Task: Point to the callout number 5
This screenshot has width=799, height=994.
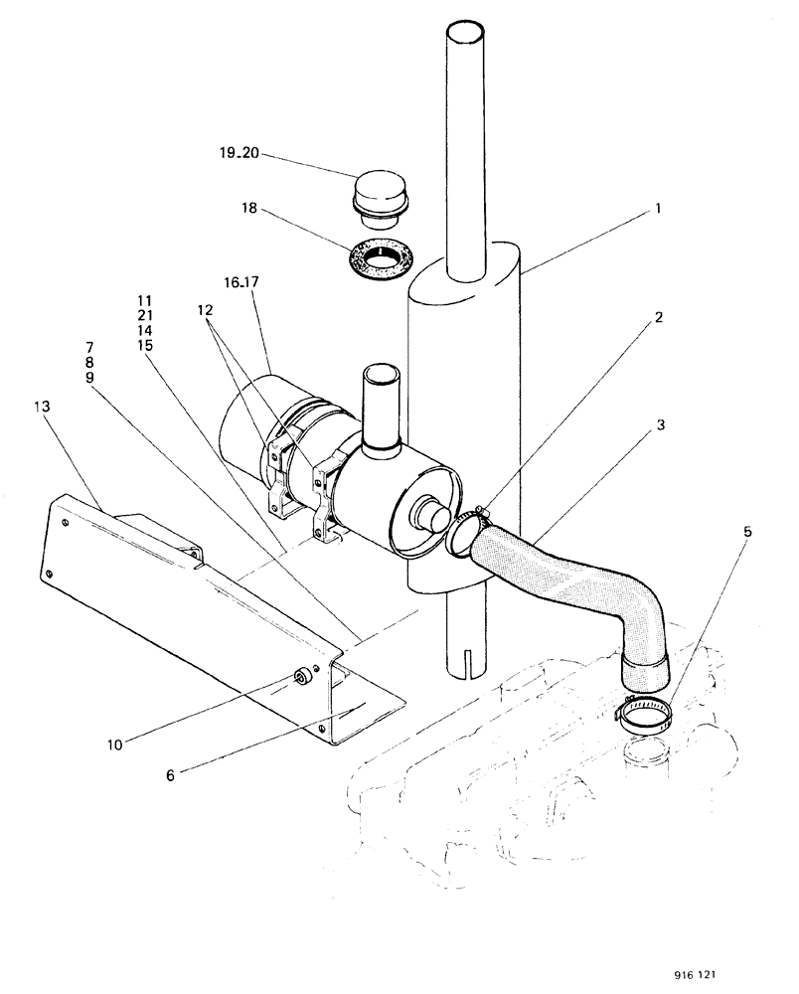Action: tap(746, 531)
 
